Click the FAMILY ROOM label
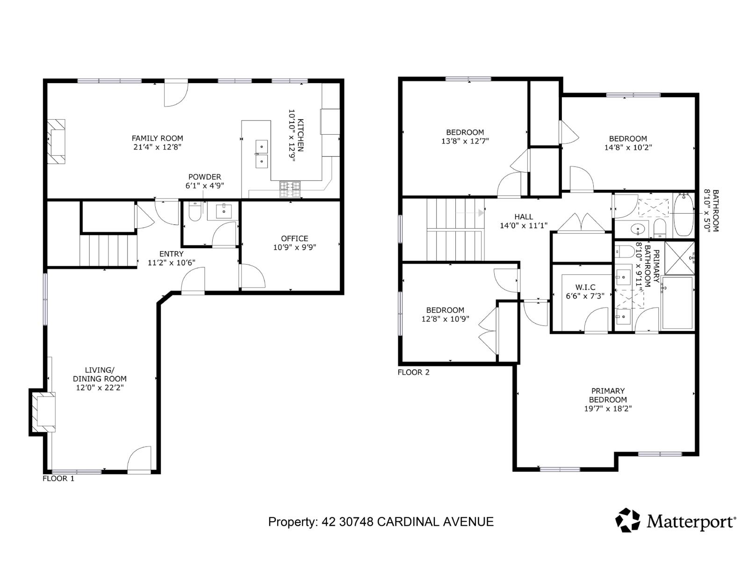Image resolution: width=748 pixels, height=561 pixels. [x=157, y=138]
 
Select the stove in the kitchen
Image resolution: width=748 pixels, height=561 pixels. [x=290, y=189]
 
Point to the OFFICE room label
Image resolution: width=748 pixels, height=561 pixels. [x=295, y=238]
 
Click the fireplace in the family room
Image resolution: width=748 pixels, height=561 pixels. [x=57, y=142]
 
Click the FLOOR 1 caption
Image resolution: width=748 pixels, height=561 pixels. [x=58, y=479]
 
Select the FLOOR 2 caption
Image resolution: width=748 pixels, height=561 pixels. [x=413, y=373]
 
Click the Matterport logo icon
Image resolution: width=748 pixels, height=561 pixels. [x=627, y=520]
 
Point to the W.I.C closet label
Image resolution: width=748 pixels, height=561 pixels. [x=585, y=288]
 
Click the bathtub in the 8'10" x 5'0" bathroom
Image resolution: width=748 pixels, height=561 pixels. [x=683, y=216]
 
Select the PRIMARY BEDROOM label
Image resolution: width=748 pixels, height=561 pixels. [x=608, y=395]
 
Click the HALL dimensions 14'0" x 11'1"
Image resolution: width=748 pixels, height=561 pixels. [x=524, y=226]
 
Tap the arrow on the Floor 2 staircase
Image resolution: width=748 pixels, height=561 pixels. [x=480, y=213]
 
